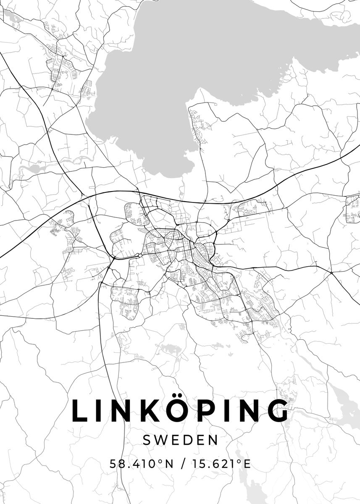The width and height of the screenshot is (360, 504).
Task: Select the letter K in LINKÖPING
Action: (x=150, y=410)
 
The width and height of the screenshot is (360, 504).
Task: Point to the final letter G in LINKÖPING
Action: (x=275, y=410)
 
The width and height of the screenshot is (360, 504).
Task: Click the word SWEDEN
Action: (x=180, y=440)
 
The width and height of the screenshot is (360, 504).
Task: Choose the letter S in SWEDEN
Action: (x=147, y=440)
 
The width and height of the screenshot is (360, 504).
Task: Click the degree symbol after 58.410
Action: (x=159, y=462)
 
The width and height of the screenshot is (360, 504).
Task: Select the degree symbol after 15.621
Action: (x=239, y=462)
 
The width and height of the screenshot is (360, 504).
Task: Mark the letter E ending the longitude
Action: (x=247, y=464)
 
